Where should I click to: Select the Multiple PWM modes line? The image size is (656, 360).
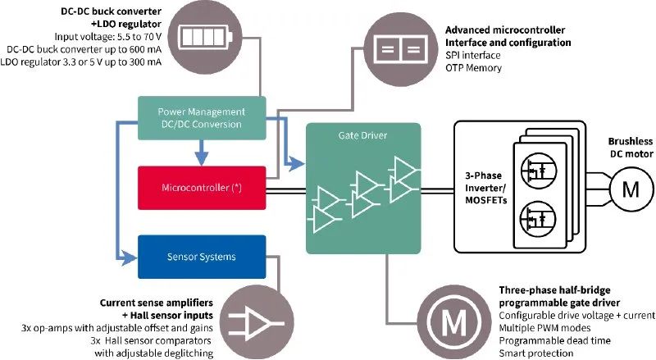551,328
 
